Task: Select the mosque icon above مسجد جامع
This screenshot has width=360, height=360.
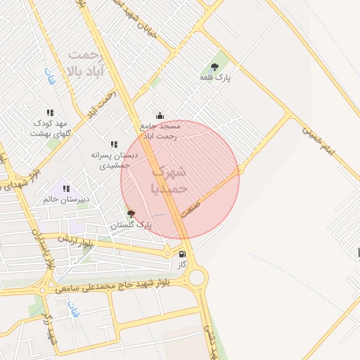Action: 160,115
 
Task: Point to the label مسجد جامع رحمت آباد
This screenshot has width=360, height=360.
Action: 161,131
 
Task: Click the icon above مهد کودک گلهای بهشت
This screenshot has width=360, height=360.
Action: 50,112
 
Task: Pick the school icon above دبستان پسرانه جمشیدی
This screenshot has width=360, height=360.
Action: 114,144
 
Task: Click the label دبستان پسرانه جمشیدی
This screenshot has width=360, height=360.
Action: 115,160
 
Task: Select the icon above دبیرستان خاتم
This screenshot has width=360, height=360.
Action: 66,188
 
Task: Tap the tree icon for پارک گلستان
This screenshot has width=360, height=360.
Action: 131,213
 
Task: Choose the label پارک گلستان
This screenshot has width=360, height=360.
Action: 131,225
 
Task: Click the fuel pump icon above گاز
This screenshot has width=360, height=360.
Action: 183,254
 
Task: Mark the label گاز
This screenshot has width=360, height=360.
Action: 182,264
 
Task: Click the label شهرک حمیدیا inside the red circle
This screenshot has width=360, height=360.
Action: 169,180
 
